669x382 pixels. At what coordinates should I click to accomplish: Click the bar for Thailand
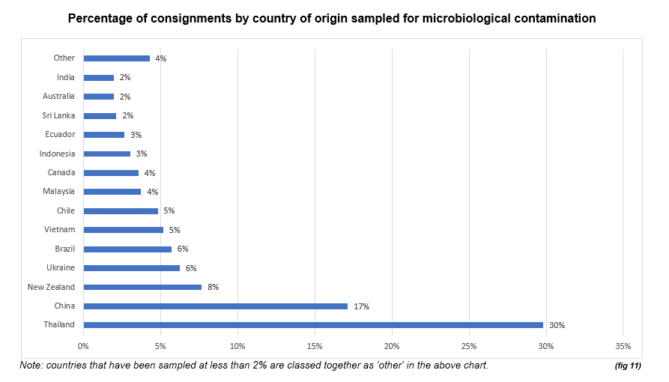tap(313, 325)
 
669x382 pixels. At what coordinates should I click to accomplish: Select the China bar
tap(215, 306)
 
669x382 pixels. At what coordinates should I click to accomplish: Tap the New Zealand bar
tap(142, 287)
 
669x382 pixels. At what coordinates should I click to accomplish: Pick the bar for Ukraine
tap(131, 267)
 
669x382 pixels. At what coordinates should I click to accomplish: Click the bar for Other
tap(116, 58)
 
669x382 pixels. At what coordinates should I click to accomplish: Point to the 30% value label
tap(556, 325)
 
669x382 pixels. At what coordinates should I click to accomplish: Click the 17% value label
tap(361, 306)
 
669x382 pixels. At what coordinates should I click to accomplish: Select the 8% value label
tap(213, 287)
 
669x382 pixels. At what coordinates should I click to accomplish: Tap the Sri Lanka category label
tap(58, 115)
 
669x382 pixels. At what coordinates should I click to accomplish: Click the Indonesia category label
tap(57, 154)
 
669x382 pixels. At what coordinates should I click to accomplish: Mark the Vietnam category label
tap(60, 229)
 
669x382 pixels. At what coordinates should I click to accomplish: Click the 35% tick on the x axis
tap(623, 346)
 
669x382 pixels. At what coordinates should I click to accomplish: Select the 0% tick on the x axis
tap(83, 346)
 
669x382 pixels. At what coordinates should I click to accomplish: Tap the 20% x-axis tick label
tap(392, 346)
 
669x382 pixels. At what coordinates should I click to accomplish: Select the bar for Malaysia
tap(112, 192)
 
